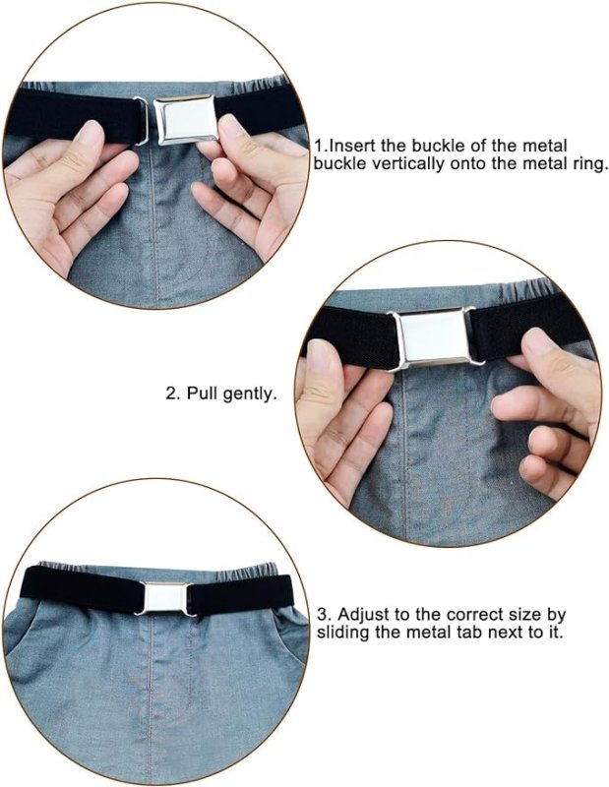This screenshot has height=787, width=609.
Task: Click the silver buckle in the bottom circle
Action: tap(165, 599)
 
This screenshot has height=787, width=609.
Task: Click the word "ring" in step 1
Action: tap(586, 164)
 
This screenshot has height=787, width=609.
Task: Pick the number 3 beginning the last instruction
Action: tap(322, 613)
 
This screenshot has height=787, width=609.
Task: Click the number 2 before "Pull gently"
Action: tap(169, 393)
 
